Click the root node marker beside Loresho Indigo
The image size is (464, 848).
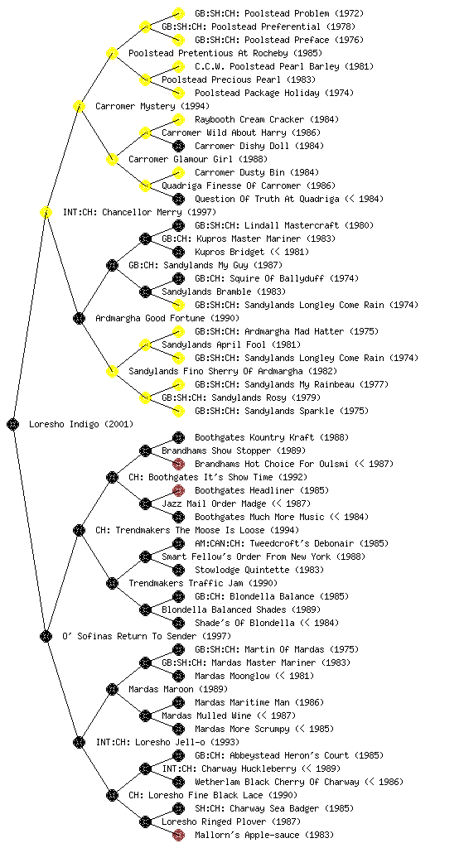[x=13, y=424]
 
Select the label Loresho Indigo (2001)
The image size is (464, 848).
[x=81, y=424]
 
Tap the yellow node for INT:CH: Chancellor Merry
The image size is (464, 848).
[x=46, y=212]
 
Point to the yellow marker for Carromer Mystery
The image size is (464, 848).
[x=79, y=106]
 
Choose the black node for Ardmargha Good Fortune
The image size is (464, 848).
[x=79, y=318]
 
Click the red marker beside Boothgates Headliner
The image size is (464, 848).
[x=178, y=490]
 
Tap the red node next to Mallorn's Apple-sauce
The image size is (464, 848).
[x=178, y=835]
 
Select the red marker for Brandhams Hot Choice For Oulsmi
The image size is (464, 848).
[x=178, y=464]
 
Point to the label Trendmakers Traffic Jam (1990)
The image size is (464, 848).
[x=203, y=583]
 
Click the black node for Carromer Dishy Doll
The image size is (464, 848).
[x=178, y=146]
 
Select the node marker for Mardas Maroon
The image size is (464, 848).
[x=112, y=689]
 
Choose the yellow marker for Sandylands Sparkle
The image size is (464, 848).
[x=178, y=411]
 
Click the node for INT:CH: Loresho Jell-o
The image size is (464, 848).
[x=79, y=742]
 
